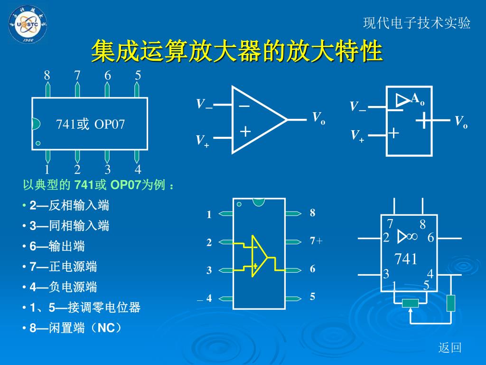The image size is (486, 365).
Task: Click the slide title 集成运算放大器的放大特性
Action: pyautogui.click(x=237, y=51)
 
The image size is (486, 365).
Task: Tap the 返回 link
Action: pyautogui.click(x=450, y=348)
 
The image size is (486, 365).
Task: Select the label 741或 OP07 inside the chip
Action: pyautogui.click(x=91, y=125)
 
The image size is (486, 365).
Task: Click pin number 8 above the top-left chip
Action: pyautogui.click(x=47, y=75)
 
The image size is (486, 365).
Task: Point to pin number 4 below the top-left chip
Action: pyautogui.click(x=138, y=170)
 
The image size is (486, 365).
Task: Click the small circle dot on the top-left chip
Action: pyautogui.click(x=38, y=143)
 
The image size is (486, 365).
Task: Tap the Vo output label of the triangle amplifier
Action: pyautogui.click(x=318, y=118)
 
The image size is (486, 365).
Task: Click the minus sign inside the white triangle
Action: pyautogui.click(x=245, y=106)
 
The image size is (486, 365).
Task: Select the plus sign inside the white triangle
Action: pyautogui.click(x=245, y=131)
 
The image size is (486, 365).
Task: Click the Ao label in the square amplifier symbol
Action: pyautogui.click(x=417, y=99)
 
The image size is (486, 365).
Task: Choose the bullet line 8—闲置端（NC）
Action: pyautogui.click(x=75, y=328)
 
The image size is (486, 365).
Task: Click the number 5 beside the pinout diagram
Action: pyautogui.click(x=312, y=297)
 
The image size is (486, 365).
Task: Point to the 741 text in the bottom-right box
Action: pyautogui.click(x=406, y=259)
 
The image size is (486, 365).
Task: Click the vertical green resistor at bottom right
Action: pyautogui.click(x=451, y=303)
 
